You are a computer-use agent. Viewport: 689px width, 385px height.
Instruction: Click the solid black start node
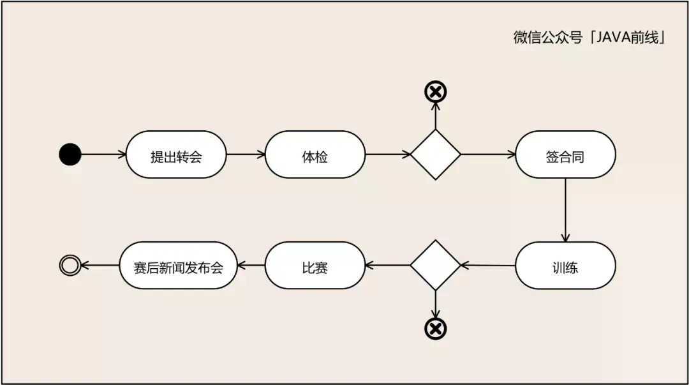click(x=70, y=155)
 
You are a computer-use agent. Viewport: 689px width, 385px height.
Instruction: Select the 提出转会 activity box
click(x=176, y=155)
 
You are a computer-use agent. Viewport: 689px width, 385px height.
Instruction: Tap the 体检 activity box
click(x=315, y=155)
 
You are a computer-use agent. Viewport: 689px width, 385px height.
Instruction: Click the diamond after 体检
click(x=435, y=155)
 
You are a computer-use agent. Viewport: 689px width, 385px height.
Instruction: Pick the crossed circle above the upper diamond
click(x=435, y=92)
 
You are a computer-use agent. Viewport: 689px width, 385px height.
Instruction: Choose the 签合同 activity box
click(x=565, y=155)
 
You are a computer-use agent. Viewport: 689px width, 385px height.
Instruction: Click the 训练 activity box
click(x=565, y=266)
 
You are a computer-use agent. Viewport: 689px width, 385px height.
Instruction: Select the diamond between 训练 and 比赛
click(x=435, y=266)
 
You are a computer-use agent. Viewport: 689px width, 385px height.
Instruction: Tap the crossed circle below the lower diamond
click(x=435, y=328)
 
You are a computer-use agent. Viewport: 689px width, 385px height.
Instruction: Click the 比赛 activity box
click(x=315, y=266)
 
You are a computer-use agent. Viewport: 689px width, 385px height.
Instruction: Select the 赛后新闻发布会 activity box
click(x=179, y=266)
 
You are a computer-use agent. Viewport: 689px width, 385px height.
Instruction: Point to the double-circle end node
click(x=70, y=266)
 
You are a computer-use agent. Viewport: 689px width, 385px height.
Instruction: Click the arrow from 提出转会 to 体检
click(x=246, y=155)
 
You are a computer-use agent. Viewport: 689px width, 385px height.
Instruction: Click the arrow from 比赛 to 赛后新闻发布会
click(x=251, y=266)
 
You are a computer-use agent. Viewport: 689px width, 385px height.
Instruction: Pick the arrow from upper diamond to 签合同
click(x=487, y=155)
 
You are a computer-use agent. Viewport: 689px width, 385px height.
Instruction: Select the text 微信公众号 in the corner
click(x=548, y=37)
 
